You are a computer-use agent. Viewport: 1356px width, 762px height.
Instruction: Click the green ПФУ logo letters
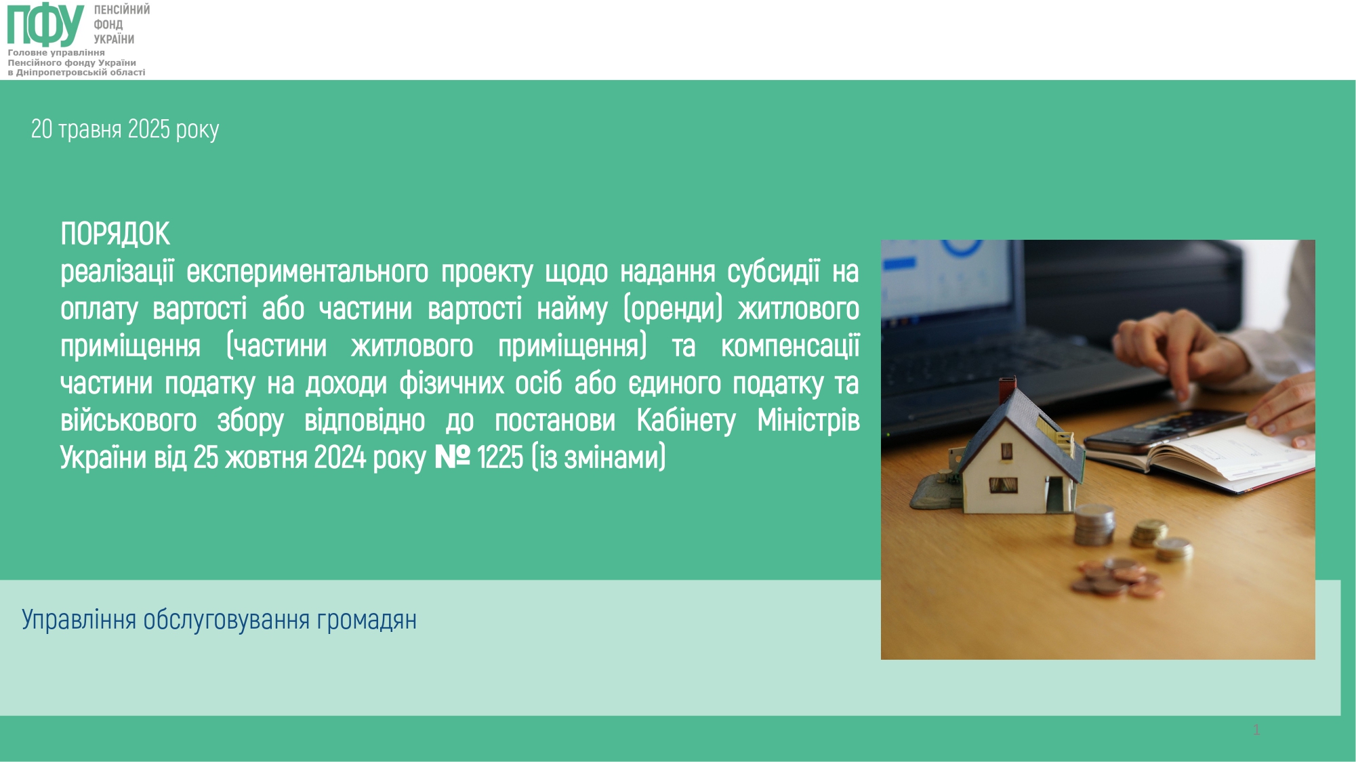[46, 24]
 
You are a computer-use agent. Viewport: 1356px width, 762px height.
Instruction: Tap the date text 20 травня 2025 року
[125, 129]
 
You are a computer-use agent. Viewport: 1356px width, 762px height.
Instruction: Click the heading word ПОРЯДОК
[115, 234]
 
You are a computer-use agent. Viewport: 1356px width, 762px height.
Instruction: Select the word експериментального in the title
[308, 272]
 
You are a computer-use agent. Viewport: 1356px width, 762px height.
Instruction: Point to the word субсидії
[773, 272]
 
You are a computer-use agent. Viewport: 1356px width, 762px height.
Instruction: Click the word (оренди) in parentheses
[673, 310]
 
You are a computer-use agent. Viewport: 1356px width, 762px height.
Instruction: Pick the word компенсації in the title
[790, 346]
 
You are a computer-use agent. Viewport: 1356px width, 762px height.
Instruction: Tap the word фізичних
[451, 383]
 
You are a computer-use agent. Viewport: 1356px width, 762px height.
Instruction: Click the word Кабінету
[686, 421]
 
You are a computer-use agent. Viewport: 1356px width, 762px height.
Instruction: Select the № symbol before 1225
[452, 457]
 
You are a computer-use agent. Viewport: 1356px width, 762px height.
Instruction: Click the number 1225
[500, 458]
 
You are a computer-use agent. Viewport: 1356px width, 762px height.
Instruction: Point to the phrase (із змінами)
[598, 458]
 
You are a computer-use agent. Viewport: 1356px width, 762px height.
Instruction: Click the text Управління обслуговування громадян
[219, 620]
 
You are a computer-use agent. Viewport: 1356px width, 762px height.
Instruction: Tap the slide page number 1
[1256, 729]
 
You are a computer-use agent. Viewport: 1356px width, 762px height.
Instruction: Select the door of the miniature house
[1055, 494]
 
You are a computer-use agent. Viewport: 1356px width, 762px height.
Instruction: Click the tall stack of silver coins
[1094, 526]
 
